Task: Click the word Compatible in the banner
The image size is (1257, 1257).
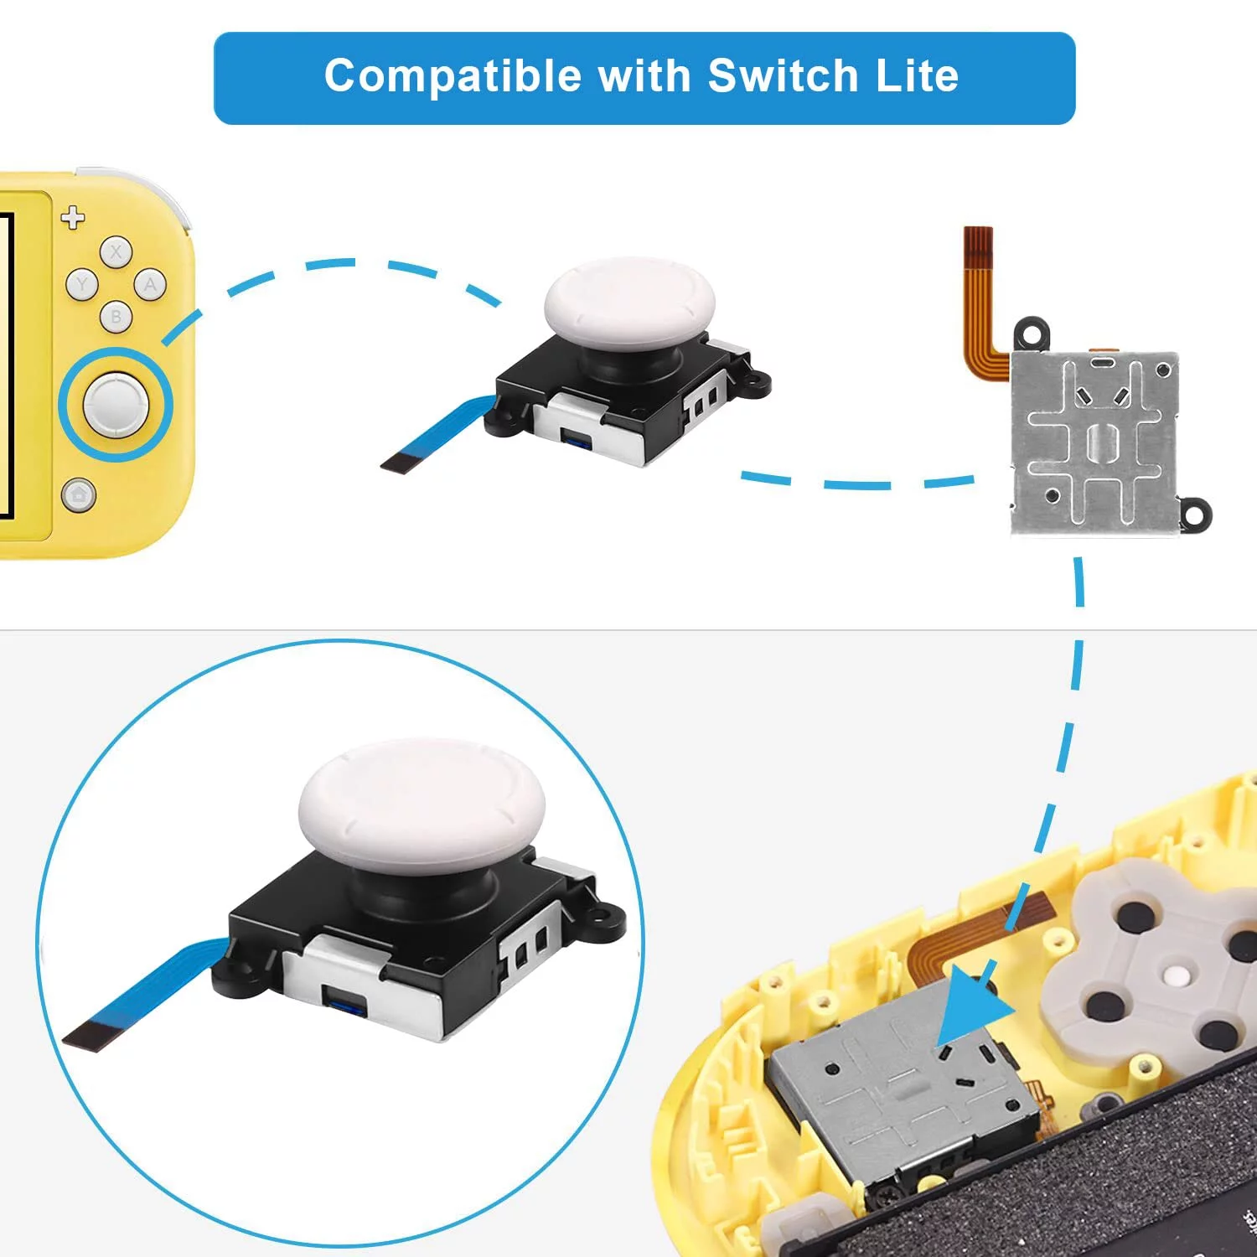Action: (x=453, y=76)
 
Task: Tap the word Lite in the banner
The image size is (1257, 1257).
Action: (x=917, y=76)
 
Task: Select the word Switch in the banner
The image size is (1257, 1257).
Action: (x=783, y=76)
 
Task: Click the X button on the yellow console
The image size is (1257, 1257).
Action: (x=116, y=251)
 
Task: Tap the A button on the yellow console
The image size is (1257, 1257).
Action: (x=150, y=285)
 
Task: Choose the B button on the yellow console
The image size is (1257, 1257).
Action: (x=116, y=318)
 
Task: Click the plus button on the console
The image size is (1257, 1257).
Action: (x=73, y=218)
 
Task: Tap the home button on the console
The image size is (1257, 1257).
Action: (x=78, y=495)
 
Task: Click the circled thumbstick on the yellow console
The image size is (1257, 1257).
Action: (x=116, y=404)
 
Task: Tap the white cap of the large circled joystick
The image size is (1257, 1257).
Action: (x=422, y=800)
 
